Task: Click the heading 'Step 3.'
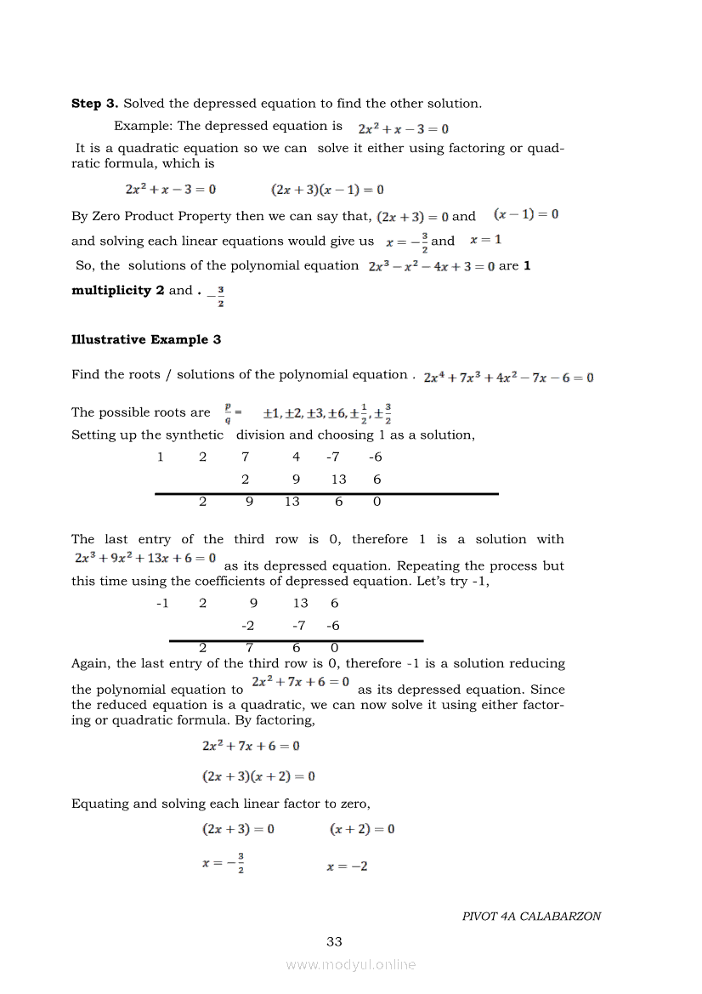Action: click(95, 104)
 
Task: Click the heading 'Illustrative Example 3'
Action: click(146, 340)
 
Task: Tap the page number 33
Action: click(334, 941)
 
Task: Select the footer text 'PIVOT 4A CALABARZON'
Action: click(531, 917)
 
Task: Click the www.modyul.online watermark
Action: click(351, 964)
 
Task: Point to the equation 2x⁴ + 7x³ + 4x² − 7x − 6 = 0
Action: click(508, 378)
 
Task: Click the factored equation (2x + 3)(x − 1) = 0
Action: click(327, 190)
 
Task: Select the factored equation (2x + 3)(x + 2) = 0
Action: click(259, 776)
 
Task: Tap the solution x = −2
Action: click(347, 866)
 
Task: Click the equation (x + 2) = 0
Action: click(362, 829)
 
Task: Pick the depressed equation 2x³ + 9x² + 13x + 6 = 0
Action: click(144, 559)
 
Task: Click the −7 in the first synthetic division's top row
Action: click(333, 457)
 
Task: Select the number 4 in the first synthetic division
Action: click(296, 457)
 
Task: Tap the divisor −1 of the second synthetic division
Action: click(162, 604)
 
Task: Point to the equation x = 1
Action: click(485, 240)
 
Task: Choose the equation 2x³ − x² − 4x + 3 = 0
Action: click(432, 266)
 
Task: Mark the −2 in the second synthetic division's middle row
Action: click(247, 626)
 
